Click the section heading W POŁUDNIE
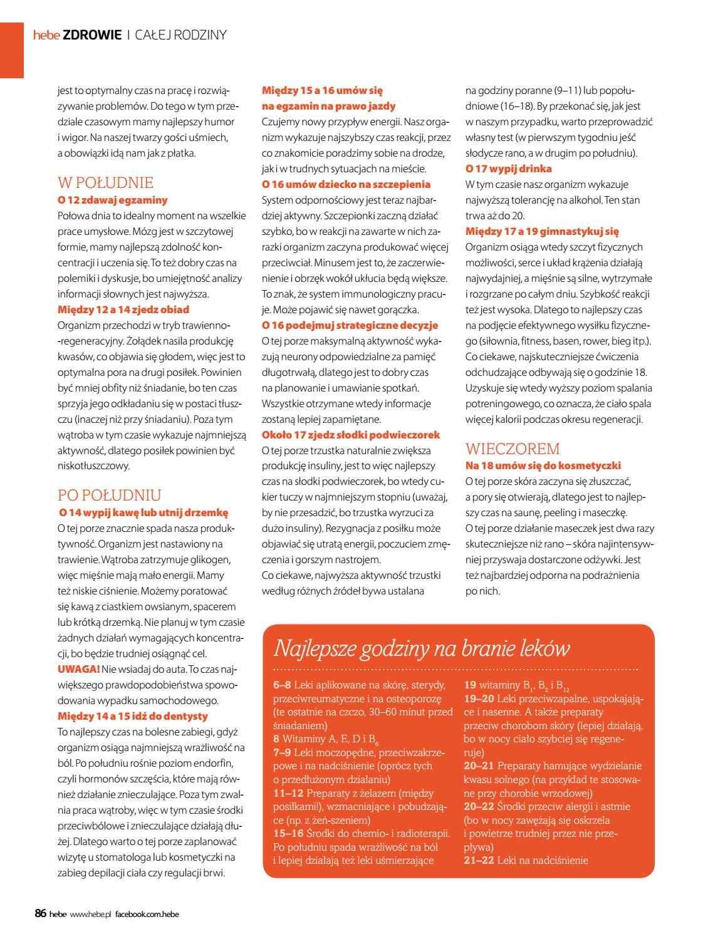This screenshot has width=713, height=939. click(105, 183)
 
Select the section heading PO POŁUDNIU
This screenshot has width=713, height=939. click(109, 495)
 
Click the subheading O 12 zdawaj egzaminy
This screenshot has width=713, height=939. click(113, 200)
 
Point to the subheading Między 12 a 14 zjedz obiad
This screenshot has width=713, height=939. click(123, 309)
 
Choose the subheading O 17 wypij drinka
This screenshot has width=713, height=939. click(509, 169)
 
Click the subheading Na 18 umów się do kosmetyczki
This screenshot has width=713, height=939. click(543, 465)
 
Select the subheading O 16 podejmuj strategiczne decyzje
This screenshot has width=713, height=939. click(350, 325)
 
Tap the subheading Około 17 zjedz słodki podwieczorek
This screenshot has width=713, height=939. click(351, 435)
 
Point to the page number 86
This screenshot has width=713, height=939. click(41, 914)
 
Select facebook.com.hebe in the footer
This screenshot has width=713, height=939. click(147, 915)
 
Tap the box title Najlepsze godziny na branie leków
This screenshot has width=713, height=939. click(422, 648)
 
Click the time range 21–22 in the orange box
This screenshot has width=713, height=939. click(479, 861)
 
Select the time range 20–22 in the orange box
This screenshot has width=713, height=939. click(479, 807)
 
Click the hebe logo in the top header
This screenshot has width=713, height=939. click(46, 36)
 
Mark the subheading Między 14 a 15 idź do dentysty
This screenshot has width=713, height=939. click(133, 716)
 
